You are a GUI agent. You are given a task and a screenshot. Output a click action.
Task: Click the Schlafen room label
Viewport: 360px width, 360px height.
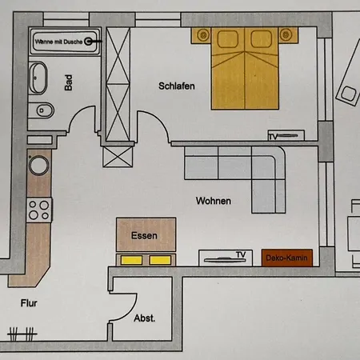click(177, 86)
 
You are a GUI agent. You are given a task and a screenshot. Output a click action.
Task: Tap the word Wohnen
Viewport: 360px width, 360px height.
click(214, 201)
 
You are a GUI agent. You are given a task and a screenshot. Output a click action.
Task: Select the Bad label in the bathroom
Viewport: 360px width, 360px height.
click(69, 82)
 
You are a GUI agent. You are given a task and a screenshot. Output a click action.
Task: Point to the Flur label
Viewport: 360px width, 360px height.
click(29, 303)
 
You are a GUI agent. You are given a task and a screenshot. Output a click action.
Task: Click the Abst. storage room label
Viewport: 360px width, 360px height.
click(145, 318)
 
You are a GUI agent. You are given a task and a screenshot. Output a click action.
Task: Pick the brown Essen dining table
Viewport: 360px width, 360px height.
click(146, 234)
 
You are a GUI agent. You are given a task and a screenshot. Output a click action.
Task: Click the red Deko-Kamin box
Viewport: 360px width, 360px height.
click(287, 258)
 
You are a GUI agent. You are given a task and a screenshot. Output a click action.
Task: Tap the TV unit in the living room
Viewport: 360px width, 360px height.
click(226, 258)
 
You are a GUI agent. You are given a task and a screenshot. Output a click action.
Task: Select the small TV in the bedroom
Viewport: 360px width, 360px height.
click(286, 135)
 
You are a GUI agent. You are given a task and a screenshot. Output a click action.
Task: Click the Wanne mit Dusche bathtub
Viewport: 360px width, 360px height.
click(64, 42)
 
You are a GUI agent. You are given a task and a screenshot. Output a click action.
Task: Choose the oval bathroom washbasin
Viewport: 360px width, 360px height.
click(38, 78)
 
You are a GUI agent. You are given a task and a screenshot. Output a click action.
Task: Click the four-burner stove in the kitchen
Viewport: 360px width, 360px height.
click(39, 210)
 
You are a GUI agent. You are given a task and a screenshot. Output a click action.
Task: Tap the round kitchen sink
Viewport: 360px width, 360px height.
click(39, 166)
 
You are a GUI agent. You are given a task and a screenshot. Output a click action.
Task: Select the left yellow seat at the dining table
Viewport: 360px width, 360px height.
click(131, 260)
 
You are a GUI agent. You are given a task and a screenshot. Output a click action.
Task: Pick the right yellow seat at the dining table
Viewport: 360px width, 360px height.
click(160, 260)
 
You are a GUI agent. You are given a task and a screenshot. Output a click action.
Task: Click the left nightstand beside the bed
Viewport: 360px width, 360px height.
click(201, 35)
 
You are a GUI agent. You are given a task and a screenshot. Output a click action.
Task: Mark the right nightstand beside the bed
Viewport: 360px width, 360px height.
click(288, 35)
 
